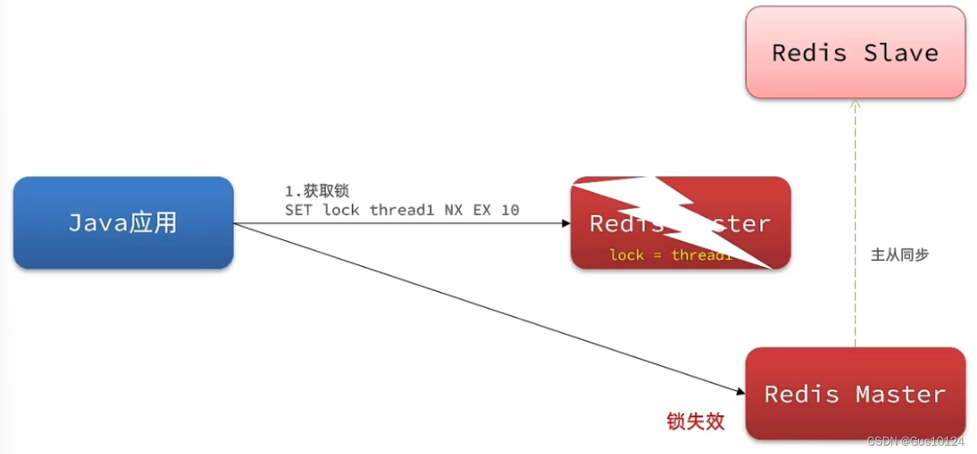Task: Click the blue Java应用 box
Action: [x=123, y=222]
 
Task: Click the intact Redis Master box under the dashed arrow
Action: [x=854, y=394]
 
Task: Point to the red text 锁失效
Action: [x=696, y=421]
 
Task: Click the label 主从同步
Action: [x=900, y=254]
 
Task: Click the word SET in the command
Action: [x=297, y=210]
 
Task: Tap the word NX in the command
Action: [x=454, y=210]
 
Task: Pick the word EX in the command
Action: [x=482, y=210]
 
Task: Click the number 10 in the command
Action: [x=510, y=210]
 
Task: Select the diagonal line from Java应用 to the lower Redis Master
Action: [x=487, y=308]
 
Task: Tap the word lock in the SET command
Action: [x=341, y=210]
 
